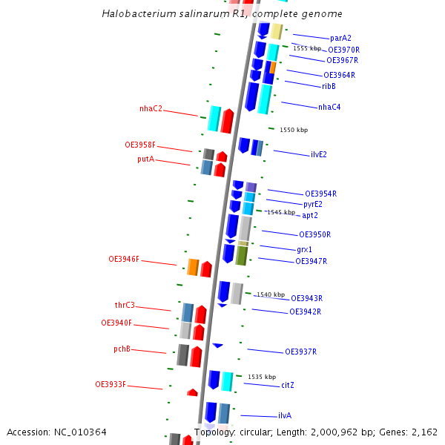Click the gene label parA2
point(340,38)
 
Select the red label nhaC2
point(151,109)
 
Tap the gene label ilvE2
point(319,155)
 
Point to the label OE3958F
point(140,145)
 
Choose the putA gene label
point(145,159)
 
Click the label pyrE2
point(313,204)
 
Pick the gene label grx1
point(304,250)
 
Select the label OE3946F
point(124,260)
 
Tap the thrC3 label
point(125,306)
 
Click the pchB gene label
point(122,349)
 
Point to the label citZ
point(288,386)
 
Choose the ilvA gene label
point(285,416)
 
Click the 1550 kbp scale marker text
point(294,130)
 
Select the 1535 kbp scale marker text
point(262,377)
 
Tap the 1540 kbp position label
point(271,294)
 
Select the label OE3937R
point(300,352)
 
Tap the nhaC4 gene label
point(329,108)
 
